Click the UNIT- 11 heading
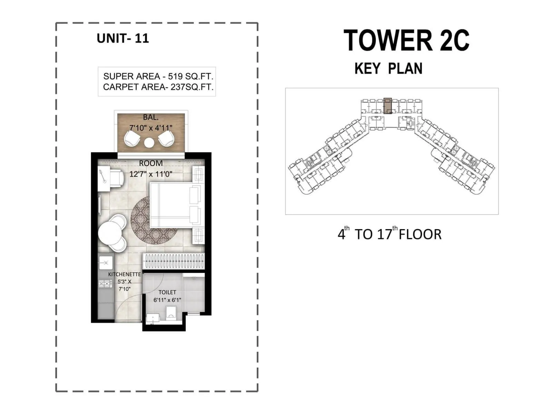coord(123,38)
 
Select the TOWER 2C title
coord(406,40)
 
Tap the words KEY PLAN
coord(388,68)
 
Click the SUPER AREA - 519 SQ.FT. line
coord(158,76)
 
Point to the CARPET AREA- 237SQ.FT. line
coord(158,87)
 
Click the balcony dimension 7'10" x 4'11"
coord(151,128)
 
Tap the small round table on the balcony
coord(149,142)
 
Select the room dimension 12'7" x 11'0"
coord(151,174)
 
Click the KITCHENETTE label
coord(125,274)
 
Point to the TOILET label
coord(167,292)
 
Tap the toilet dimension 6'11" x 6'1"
coord(167,300)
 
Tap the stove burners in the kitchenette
coord(106,284)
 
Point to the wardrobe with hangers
coord(174,261)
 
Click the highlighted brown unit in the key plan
coord(388,106)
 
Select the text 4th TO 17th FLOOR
coord(390,234)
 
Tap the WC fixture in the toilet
coord(171,313)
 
